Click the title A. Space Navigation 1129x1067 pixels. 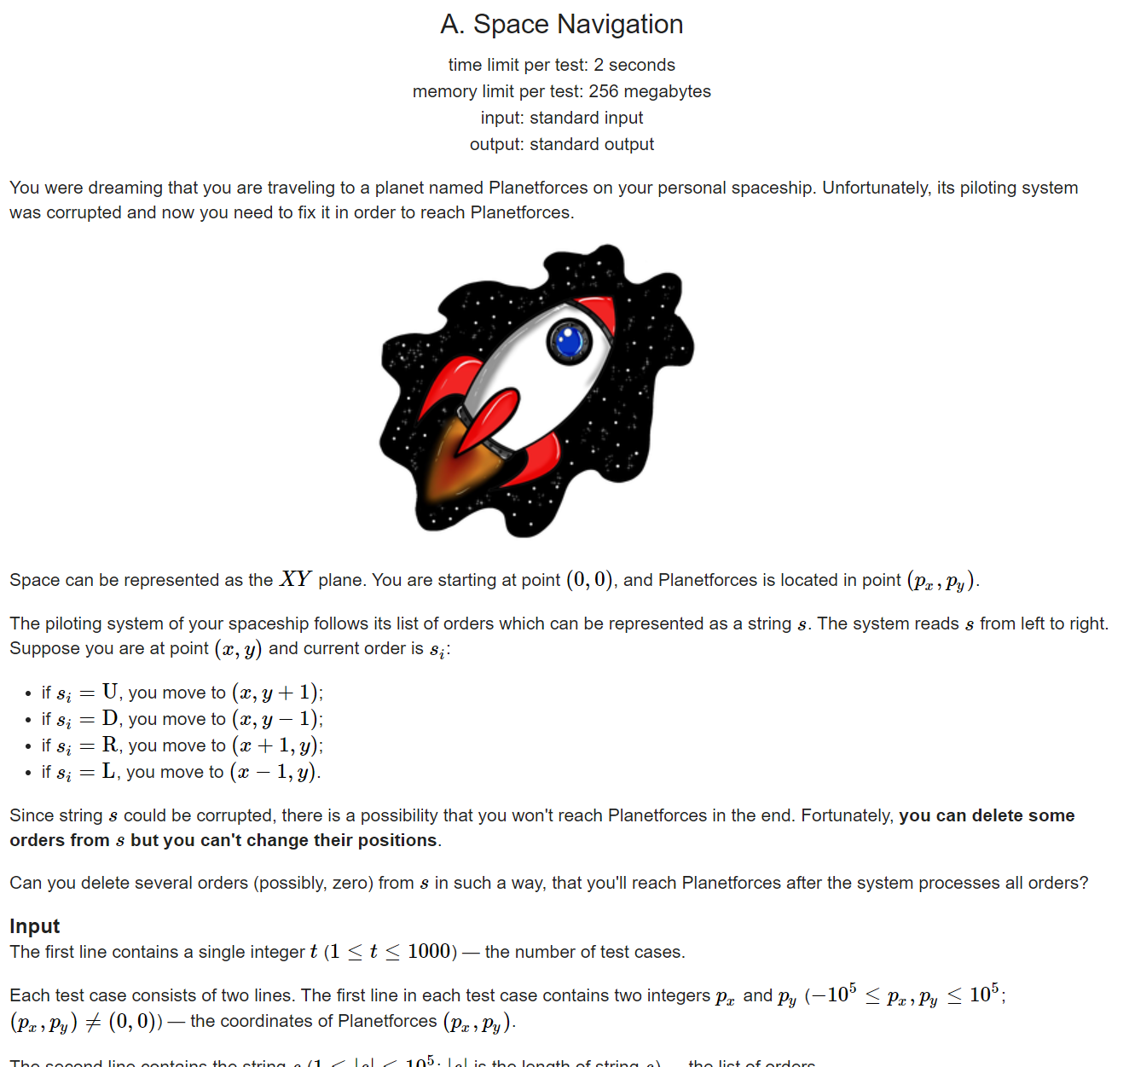click(562, 25)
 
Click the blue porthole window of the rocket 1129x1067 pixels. click(569, 342)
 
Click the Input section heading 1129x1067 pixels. click(35, 926)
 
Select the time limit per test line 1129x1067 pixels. click(562, 65)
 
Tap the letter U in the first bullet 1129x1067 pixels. click(110, 692)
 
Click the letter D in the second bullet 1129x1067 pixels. click(110, 718)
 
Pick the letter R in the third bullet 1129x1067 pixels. click(110, 745)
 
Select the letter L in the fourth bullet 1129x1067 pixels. click(108, 771)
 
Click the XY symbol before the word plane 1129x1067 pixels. click(296, 580)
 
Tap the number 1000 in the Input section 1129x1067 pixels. click(428, 952)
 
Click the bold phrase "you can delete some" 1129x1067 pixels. click(987, 815)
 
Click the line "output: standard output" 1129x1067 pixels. click(562, 144)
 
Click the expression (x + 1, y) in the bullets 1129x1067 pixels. click(276, 745)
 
